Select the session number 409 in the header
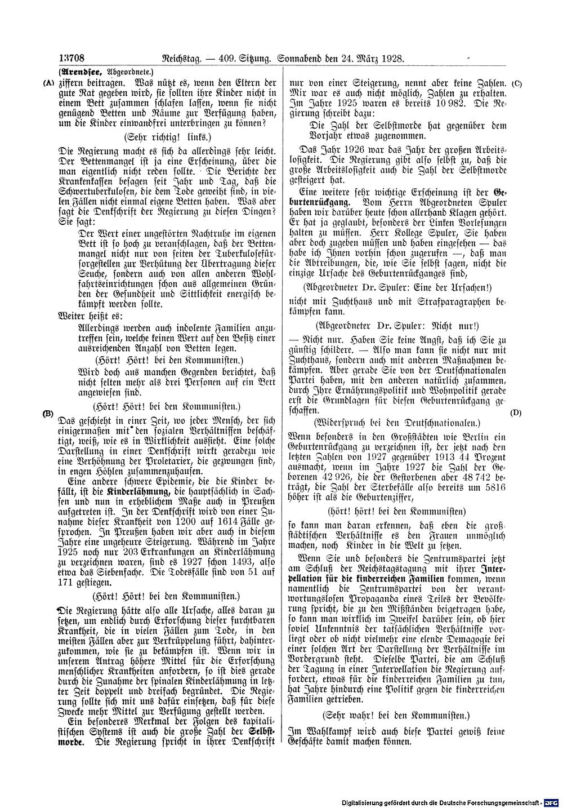click(227, 58)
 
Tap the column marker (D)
click(516, 412)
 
